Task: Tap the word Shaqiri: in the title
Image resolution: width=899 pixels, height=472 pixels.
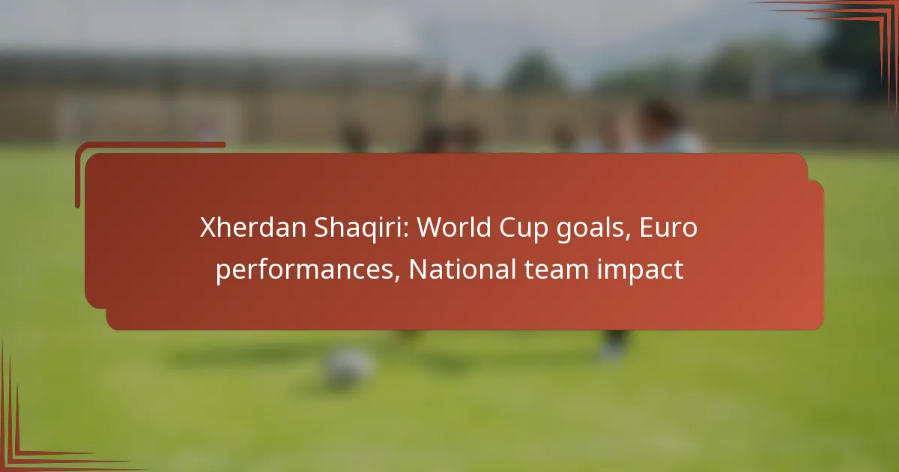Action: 362,228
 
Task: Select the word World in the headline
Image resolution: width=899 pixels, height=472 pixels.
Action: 454,227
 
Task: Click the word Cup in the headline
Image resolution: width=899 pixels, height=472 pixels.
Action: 524,229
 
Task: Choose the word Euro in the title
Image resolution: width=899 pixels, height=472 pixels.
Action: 668,228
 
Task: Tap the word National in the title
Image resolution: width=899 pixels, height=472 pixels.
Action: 462,268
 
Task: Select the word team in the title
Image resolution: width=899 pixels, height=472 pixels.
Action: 556,269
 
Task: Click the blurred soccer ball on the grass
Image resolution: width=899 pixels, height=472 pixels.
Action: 349,367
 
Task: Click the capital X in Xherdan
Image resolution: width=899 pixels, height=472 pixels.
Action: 208,228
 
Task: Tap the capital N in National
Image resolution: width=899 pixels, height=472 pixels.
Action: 419,269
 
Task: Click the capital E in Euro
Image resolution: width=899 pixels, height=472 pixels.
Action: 647,228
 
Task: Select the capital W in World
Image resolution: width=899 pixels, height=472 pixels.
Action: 432,228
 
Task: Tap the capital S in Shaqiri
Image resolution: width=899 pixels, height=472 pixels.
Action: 321,228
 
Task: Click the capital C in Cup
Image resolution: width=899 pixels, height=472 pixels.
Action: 508,228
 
